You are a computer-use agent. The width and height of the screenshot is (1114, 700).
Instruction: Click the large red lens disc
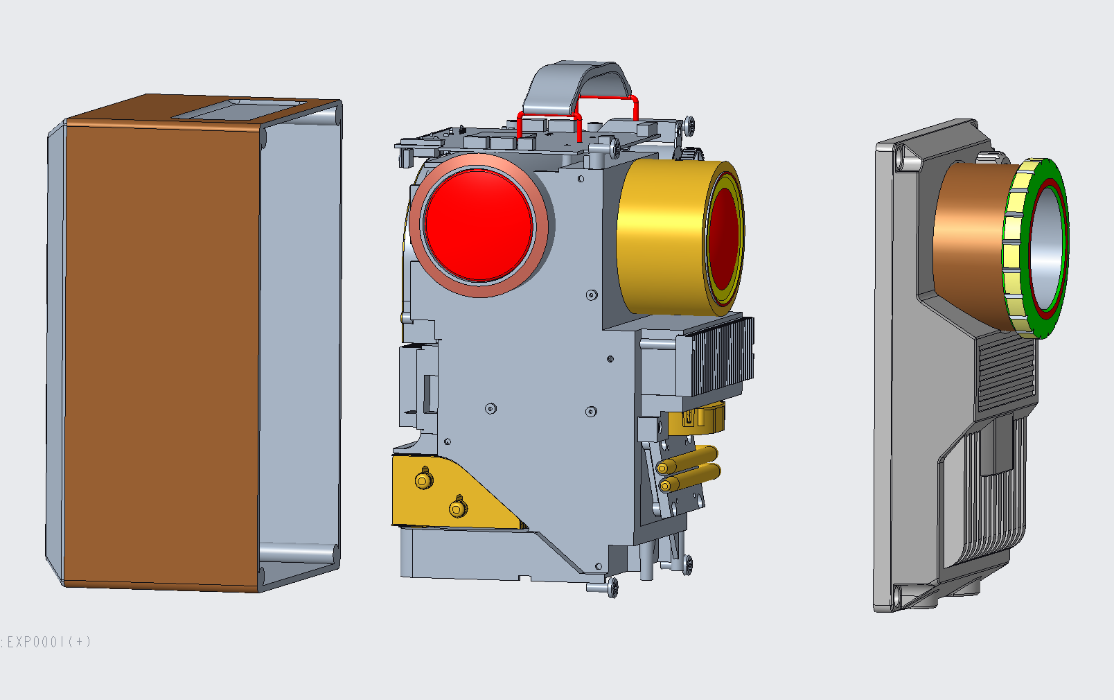(x=478, y=225)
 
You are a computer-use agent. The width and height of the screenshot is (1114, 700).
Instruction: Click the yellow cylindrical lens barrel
(x=658, y=236)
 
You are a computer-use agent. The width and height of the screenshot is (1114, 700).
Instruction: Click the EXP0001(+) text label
(x=47, y=642)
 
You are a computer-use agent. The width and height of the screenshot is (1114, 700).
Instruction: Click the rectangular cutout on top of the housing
(x=239, y=109)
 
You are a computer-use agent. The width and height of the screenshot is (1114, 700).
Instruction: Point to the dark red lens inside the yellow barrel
(x=724, y=239)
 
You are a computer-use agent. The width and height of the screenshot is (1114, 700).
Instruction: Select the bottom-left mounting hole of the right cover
(x=898, y=594)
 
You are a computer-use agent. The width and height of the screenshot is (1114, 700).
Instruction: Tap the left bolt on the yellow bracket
(x=424, y=480)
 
